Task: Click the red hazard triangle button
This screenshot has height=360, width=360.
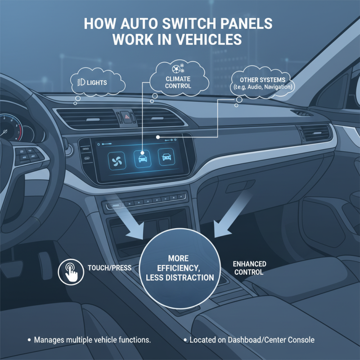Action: point(127,116)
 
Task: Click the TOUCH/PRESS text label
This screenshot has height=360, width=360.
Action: point(110,268)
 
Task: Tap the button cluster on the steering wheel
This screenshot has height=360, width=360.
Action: point(27,155)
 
